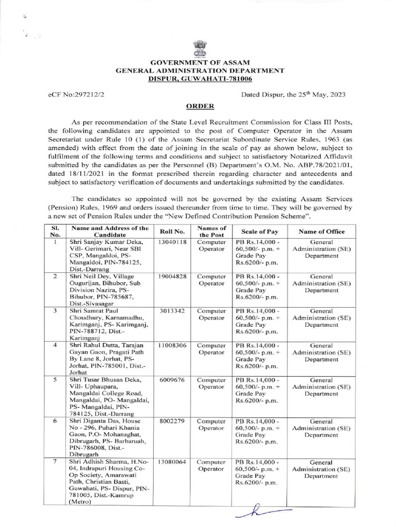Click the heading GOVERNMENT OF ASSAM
click(199, 62)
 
